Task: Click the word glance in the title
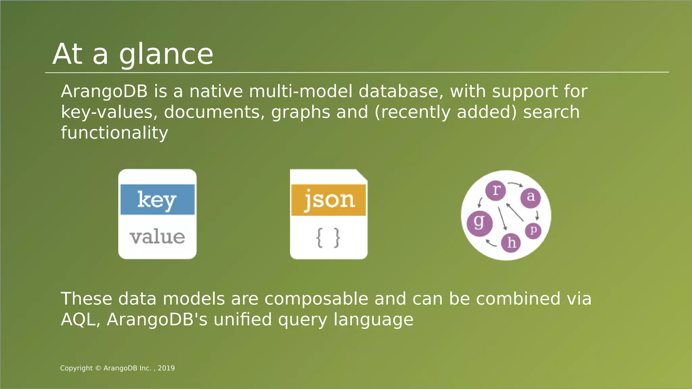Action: (x=166, y=55)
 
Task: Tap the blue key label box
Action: (x=157, y=199)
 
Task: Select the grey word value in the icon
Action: (x=157, y=237)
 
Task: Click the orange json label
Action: (x=328, y=200)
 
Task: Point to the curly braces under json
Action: (x=328, y=237)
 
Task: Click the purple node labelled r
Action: (x=496, y=190)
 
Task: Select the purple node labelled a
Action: (x=530, y=198)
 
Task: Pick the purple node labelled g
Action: (x=479, y=223)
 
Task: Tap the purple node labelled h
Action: (x=511, y=242)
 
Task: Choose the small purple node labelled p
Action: (x=533, y=231)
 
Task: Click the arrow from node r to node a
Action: (x=515, y=184)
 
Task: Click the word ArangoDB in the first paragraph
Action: (x=104, y=92)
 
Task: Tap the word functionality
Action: (x=114, y=133)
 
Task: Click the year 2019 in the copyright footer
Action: (x=166, y=368)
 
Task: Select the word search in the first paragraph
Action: (x=551, y=112)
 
